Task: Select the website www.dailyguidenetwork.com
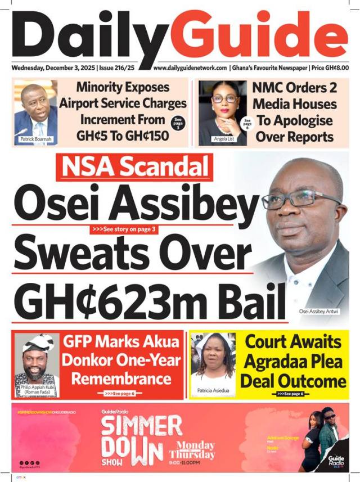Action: point(190,68)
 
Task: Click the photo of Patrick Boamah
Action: point(35,110)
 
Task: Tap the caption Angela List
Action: point(224,138)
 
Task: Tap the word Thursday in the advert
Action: point(192,454)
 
